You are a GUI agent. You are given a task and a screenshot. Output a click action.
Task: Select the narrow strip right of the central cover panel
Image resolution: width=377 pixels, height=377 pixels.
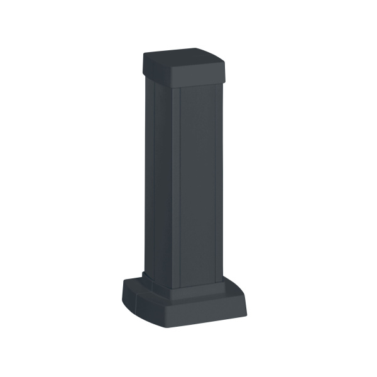point(221,182)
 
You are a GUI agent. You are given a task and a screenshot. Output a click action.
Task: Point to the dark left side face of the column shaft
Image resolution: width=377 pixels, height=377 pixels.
point(157,182)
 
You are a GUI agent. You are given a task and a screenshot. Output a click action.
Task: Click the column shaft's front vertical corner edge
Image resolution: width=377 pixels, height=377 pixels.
point(172,188)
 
